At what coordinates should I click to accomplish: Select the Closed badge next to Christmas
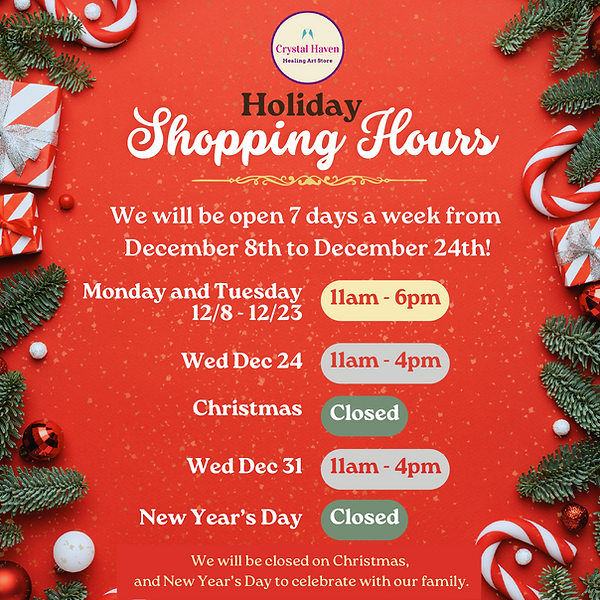pos(364,414)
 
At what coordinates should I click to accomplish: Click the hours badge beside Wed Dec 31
pos(385,467)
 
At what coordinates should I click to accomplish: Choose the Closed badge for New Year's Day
pos(364,518)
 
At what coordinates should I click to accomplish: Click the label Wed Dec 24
pos(242,362)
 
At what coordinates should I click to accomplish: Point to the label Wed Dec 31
pos(245,466)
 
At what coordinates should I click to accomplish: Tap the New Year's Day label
pos(220,517)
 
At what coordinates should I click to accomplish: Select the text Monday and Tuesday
pos(192,291)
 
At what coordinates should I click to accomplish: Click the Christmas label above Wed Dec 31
pos(248,408)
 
